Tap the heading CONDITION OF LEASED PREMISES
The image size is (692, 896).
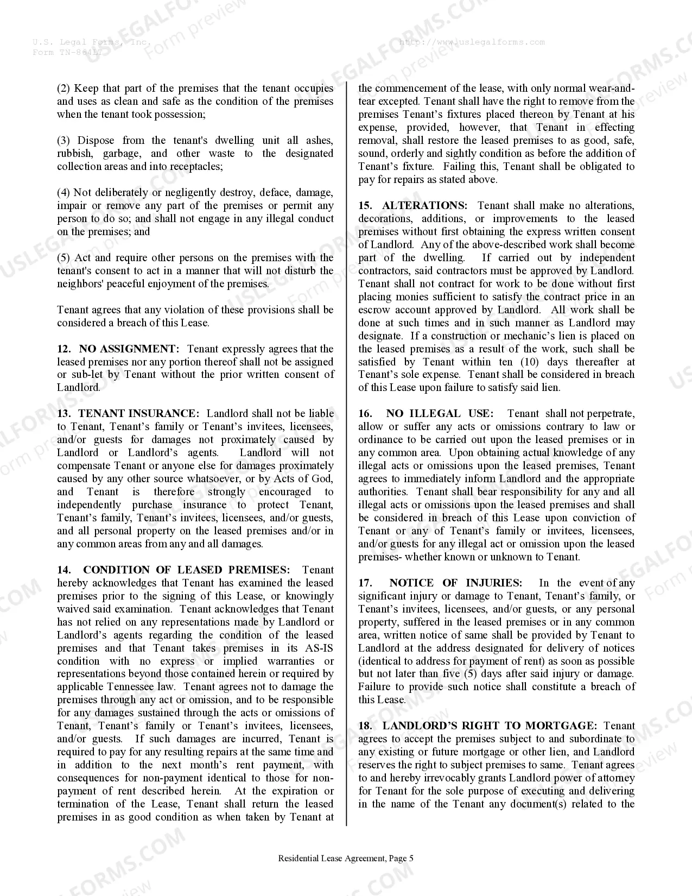click(x=186, y=570)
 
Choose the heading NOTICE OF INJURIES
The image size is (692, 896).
click(x=455, y=583)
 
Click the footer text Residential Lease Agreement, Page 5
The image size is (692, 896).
click(x=346, y=859)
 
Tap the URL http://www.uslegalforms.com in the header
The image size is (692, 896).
click(x=472, y=42)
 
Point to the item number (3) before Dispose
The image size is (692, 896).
click(x=64, y=141)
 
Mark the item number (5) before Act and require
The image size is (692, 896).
click(x=64, y=258)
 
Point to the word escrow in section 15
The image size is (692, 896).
click(x=374, y=310)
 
